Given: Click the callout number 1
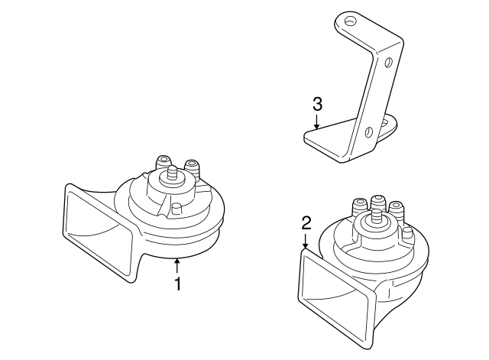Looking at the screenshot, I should coord(177,284).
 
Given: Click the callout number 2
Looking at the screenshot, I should coord(306,223).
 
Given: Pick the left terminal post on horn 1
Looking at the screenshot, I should coord(162,163).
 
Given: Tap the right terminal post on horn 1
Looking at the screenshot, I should coord(191,166).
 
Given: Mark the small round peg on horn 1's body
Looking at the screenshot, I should coord(176,209).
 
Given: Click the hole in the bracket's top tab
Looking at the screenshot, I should coord(350,21).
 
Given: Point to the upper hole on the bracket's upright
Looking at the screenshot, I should coord(389,61).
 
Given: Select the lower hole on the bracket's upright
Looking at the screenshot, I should coord(369,132).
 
